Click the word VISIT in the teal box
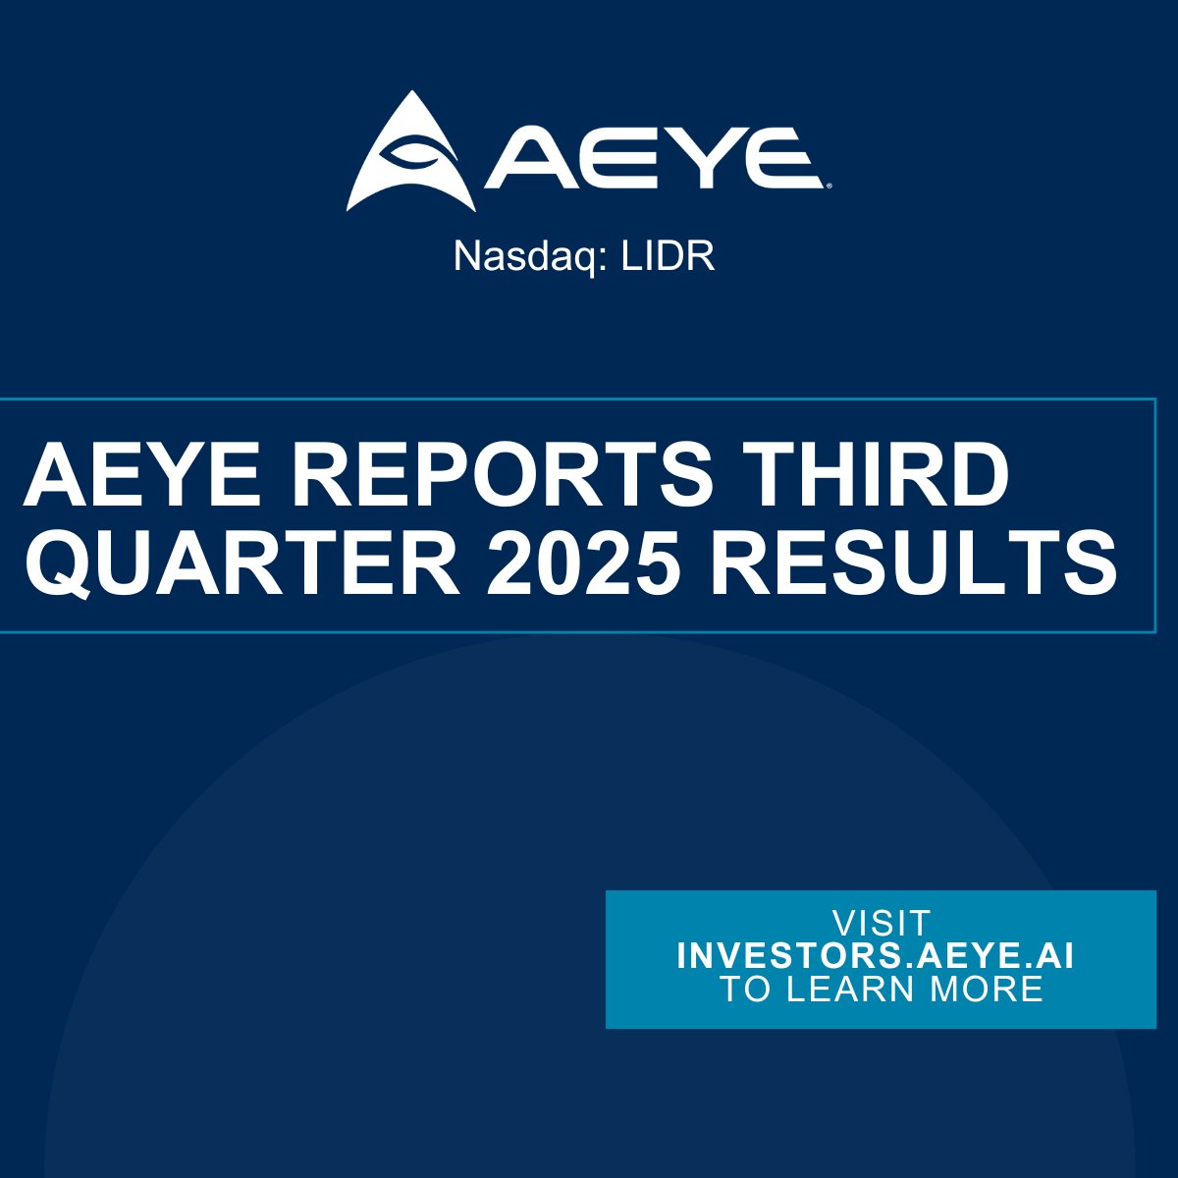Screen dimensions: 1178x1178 [881, 924]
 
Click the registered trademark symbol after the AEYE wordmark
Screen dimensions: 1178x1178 [830, 184]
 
